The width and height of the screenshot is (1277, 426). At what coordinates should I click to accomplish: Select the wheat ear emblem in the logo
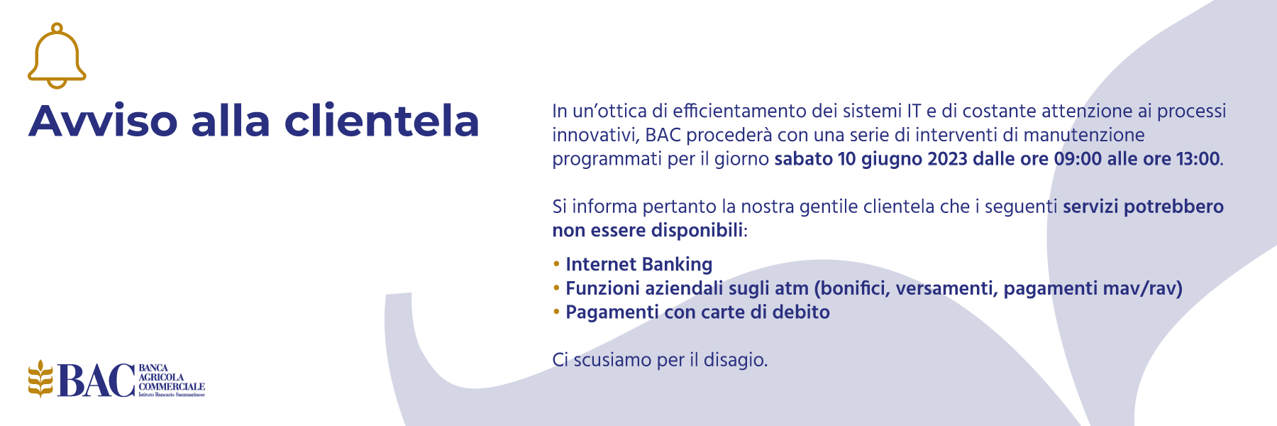pos(40,378)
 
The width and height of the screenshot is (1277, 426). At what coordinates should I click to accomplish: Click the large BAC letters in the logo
pos(96,380)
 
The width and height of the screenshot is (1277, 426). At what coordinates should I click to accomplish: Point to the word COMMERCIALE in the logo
pos(172,386)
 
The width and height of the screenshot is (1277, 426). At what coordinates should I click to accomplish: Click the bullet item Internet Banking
pos(638,264)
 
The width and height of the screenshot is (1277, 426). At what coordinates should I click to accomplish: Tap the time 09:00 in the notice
pos(1078,158)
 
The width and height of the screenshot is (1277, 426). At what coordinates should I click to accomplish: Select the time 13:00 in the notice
pos(1198,158)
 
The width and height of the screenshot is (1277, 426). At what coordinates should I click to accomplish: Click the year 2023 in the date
pos(947,158)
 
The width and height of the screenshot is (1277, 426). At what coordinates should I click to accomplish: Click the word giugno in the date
pos(892,160)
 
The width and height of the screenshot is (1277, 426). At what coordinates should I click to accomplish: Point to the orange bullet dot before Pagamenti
pos(556,312)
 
